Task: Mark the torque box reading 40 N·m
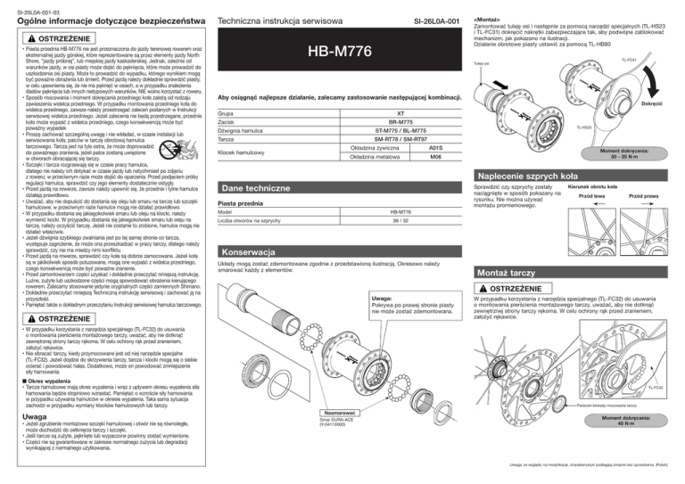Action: click(643, 448)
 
